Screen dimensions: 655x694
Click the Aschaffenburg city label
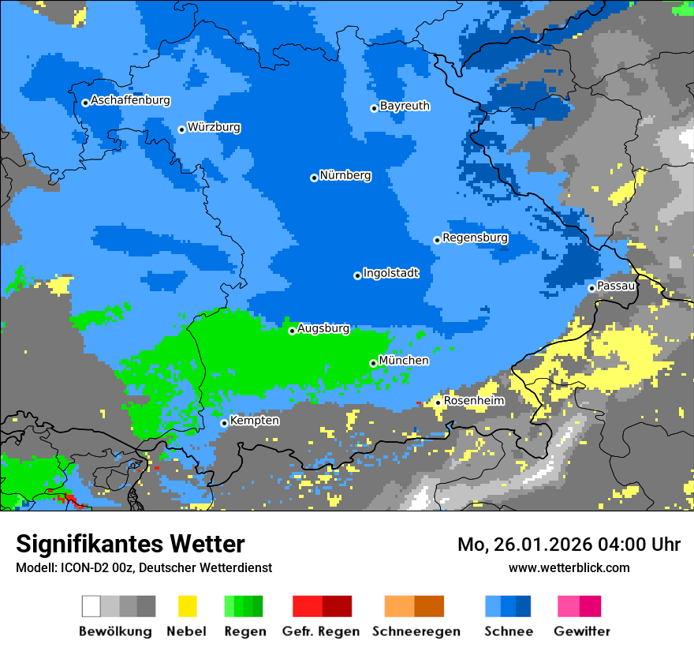click(x=130, y=100)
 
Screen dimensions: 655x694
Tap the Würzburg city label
click(x=214, y=127)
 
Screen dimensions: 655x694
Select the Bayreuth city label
click(x=405, y=105)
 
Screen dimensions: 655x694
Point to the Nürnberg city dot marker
click(x=314, y=178)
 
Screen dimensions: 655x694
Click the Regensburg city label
click(x=475, y=238)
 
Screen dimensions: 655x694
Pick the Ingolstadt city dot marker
click(x=357, y=275)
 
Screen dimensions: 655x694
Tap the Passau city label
click(x=616, y=286)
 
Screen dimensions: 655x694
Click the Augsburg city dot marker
click(x=292, y=331)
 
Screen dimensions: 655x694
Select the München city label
click(x=404, y=360)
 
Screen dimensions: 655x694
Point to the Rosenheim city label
click(x=474, y=400)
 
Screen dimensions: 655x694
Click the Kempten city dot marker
click(x=224, y=423)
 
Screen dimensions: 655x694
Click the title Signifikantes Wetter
click(x=130, y=544)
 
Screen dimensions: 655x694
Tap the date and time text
click(x=569, y=545)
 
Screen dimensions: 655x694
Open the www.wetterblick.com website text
click(x=569, y=567)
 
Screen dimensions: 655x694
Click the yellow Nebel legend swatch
click(x=187, y=606)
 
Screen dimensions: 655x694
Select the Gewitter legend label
click(x=581, y=631)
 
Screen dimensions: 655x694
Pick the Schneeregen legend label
click(x=416, y=631)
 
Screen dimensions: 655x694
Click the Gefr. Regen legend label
click(x=321, y=631)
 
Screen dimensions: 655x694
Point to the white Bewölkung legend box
click(x=91, y=606)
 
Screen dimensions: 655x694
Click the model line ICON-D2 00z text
click(x=144, y=567)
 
